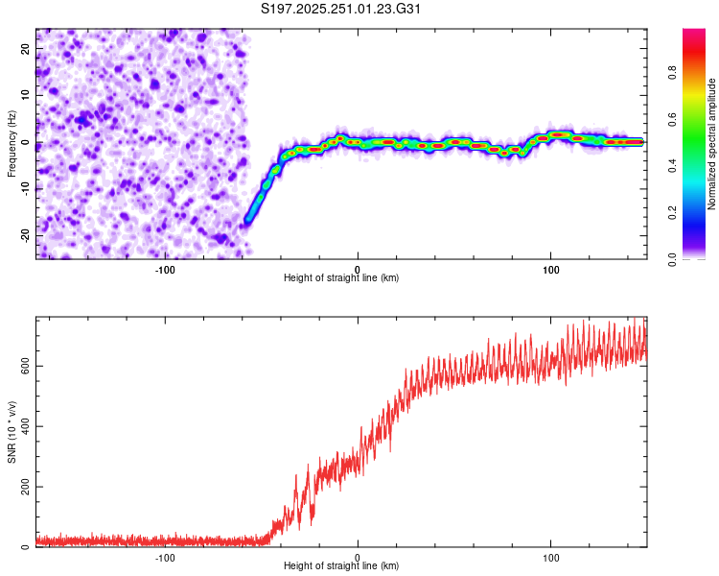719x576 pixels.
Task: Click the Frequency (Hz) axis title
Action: pos(12,143)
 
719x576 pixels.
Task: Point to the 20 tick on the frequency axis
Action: pos(26,48)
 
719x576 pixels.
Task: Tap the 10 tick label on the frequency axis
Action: pos(26,95)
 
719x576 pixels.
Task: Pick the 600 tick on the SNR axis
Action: pos(26,366)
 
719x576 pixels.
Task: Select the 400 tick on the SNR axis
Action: pos(26,426)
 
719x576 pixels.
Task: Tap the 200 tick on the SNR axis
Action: pos(26,487)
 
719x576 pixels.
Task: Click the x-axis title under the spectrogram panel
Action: pos(342,277)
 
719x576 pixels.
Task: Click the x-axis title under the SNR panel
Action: pos(342,565)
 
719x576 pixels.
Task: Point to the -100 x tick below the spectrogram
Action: pos(165,268)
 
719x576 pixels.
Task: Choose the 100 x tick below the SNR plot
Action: pos(551,556)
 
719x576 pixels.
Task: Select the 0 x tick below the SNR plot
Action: pos(358,556)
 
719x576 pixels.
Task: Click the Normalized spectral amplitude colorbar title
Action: pos(711,144)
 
